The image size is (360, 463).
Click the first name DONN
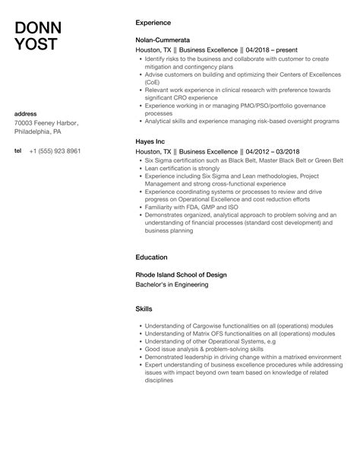tap(39, 29)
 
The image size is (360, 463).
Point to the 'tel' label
tap(18, 151)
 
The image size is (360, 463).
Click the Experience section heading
tap(153, 23)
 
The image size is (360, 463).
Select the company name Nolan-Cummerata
tap(163, 38)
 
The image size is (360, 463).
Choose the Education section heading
tap(151, 257)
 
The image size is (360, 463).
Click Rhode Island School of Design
tap(181, 274)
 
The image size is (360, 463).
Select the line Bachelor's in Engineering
tap(171, 284)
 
